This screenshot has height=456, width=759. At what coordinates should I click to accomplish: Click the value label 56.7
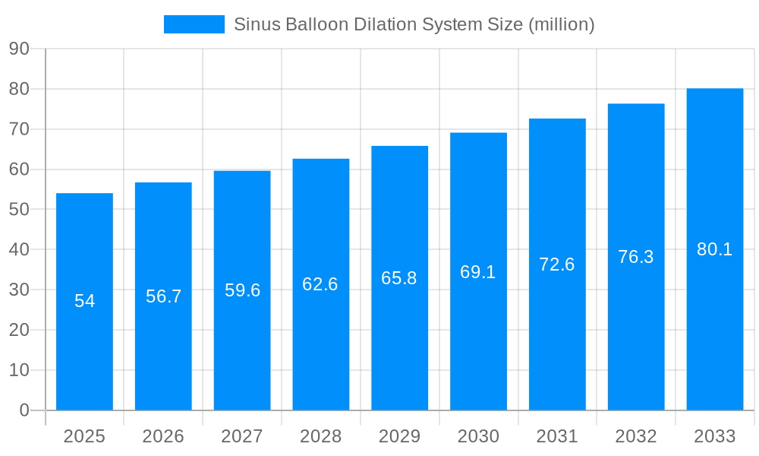tap(163, 296)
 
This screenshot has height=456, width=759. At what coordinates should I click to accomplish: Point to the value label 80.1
tap(714, 249)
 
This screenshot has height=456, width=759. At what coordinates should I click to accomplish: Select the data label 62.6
tap(320, 284)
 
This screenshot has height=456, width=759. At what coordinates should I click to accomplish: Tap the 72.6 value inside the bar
tap(556, 264)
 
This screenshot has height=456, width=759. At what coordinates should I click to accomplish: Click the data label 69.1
tap(477, 272)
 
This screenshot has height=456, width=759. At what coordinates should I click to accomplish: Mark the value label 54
tap(84, 301)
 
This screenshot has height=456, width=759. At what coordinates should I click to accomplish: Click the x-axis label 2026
tap(163, 436)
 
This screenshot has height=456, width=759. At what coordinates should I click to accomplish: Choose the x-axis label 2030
tap(478, 436)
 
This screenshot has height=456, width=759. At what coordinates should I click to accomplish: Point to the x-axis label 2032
tap(636, 436)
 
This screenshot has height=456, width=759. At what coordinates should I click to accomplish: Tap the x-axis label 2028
tap(320, 436)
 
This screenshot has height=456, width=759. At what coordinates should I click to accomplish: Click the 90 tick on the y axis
tap(19, 49)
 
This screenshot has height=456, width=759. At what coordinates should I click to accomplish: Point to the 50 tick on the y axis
tap(19, 210)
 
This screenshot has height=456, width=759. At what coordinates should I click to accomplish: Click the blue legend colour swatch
tap(194, 24)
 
